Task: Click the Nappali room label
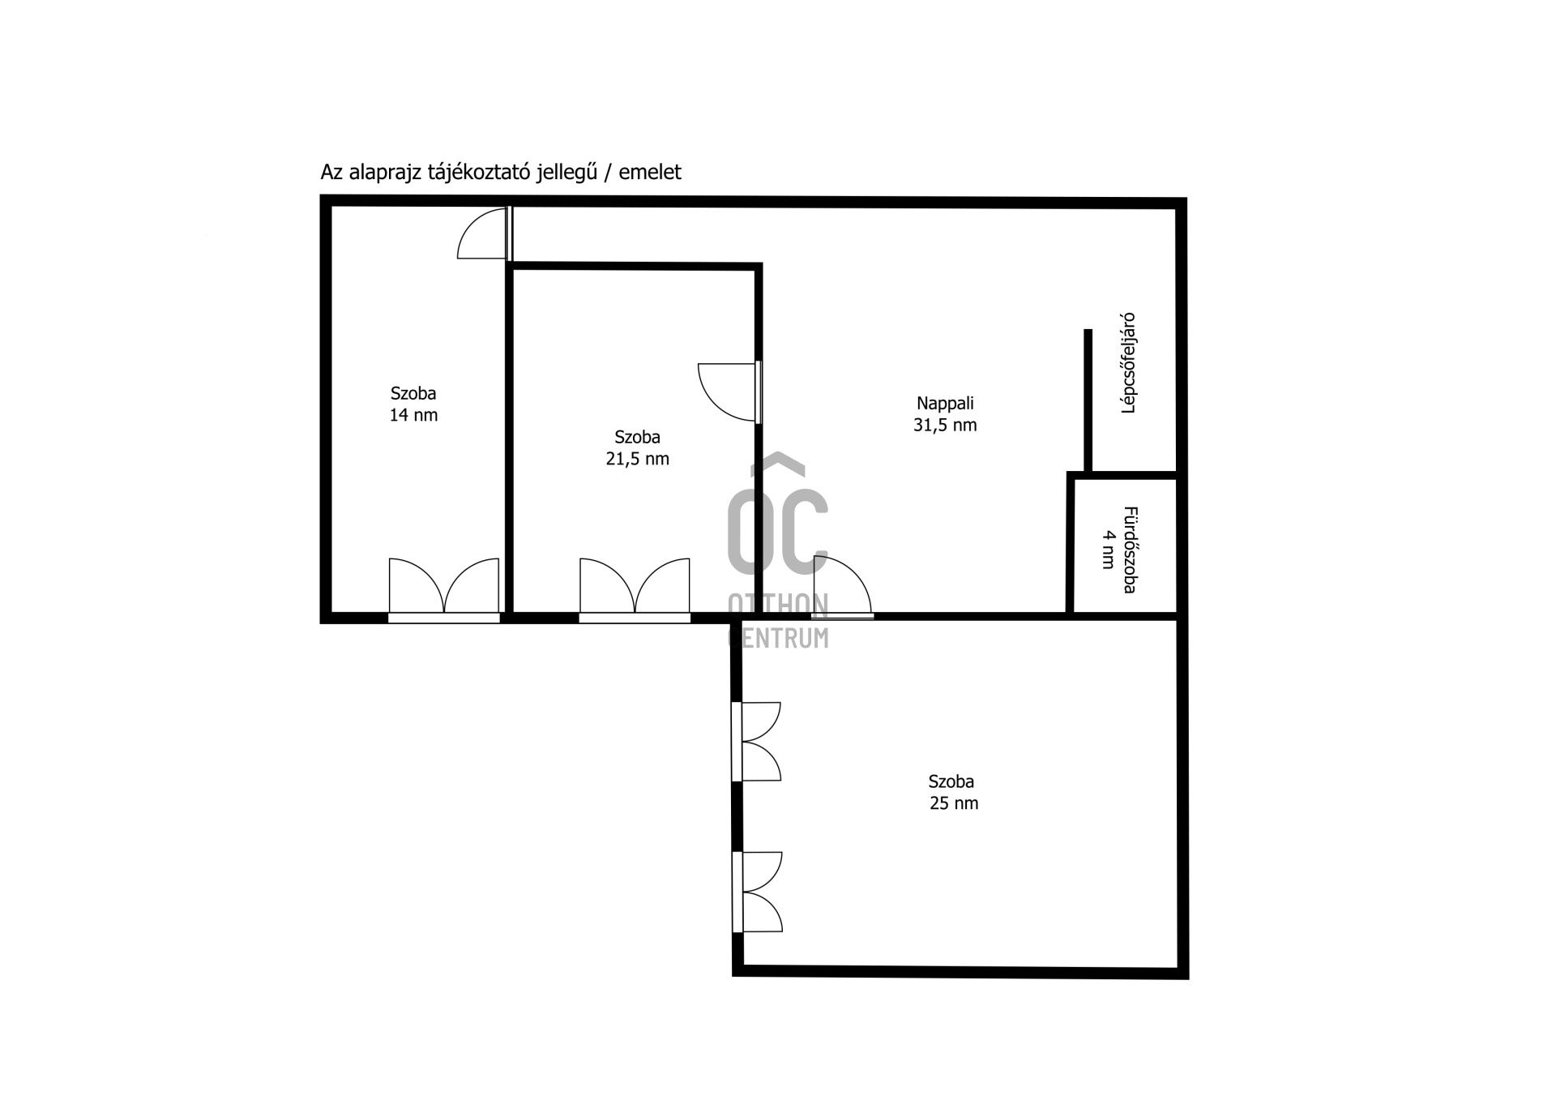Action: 945,404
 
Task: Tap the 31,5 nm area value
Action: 945,426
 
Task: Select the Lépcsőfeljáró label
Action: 1127,364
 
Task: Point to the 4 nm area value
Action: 1108,550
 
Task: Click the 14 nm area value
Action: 413,416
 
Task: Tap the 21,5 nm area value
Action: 638,459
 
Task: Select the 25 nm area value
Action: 954,804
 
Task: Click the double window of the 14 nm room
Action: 444,589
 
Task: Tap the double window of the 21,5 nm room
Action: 635,589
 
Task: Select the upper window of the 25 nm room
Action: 755,742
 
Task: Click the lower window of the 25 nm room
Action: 756,892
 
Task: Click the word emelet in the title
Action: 650,173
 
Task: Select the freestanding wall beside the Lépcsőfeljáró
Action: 1088,400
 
